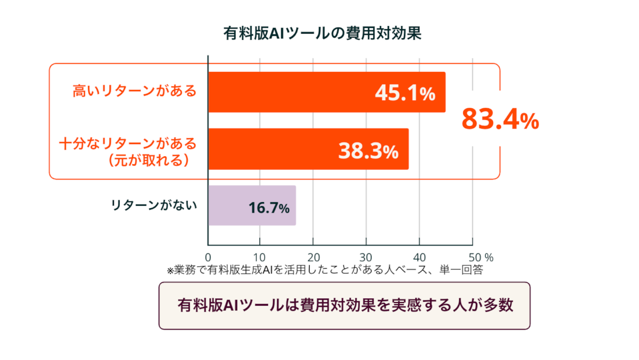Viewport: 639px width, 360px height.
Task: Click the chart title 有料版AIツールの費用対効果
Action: click(x=322, y=33)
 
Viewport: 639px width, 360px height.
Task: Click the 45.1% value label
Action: click(x=405, y=93)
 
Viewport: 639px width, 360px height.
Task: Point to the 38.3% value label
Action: click(x=368, y=151)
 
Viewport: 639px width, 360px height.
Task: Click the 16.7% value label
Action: click(x=269, y=208)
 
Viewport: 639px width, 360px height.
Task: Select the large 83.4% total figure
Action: click(x=500, y=119)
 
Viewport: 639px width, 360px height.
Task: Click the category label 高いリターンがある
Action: click(x=135, y=91)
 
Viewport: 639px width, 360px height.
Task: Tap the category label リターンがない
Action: click(x=154, y=205)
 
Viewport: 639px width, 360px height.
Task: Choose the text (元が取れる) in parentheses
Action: click(x=149, y=160)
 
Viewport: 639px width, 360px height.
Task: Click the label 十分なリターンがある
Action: click(x=128, y=143)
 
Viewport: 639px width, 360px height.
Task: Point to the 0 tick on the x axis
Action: click(x=208, y=257)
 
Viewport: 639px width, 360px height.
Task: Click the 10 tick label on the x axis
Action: click(x=259, y=257)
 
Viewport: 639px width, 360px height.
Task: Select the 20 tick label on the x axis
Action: click(x=314, y=257)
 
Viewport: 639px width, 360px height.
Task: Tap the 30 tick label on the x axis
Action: click(x=366, y=257)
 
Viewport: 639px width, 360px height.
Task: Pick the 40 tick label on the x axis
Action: click(x=419, y=257)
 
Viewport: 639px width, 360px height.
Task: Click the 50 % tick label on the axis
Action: click(x=481, y=257)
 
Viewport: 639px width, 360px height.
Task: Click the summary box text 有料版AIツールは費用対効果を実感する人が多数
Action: click(x=345, y=306)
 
